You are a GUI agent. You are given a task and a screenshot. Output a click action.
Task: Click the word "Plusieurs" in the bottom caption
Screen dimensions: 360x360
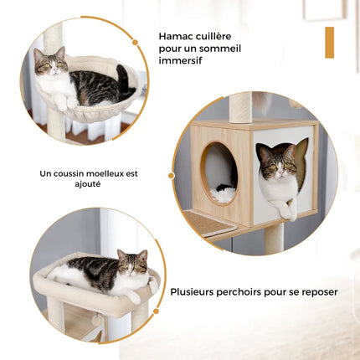click(196, 292)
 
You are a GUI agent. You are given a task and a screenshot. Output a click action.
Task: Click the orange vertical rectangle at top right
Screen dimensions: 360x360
click(329, 42)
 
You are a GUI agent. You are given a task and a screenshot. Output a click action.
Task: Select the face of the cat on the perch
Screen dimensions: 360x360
click(132, 265)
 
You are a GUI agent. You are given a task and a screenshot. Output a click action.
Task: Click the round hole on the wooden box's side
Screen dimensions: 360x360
click(219, 172)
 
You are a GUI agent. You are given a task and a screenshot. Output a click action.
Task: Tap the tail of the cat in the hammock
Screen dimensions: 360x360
click(124, 80)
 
